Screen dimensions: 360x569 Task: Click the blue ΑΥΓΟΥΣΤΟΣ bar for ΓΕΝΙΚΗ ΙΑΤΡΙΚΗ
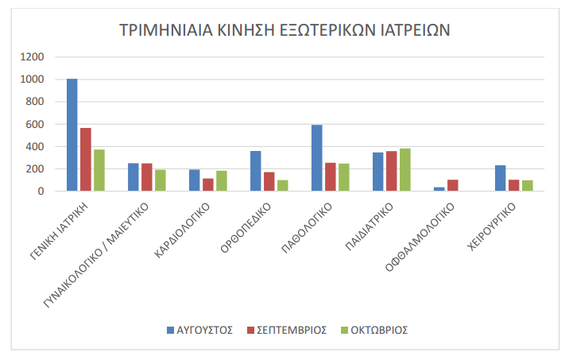point(72,135)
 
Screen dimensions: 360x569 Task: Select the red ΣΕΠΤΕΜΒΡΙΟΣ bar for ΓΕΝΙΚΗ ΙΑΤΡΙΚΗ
point(86,160)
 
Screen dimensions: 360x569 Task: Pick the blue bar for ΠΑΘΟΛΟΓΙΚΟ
point(317,158)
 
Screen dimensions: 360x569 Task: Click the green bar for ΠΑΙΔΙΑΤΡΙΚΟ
point(405,170)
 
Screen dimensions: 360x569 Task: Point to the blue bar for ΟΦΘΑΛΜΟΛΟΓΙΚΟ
point(439,189)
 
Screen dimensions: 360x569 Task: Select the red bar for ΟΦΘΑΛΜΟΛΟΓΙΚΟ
point(453,185)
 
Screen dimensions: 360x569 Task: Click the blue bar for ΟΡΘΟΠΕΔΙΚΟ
point(256,171)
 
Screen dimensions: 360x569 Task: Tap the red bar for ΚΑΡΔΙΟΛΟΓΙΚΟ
point(208,185)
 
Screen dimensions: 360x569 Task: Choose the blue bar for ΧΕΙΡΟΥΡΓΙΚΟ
point(501,178)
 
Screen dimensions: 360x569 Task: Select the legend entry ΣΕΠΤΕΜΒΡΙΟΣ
point(289,330)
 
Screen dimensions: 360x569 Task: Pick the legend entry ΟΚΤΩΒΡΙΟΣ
point(378,330)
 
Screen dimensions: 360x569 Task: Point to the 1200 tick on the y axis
point(33,57)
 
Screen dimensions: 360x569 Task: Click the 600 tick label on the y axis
point(36,125)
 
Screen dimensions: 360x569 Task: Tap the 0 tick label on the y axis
point(41,192)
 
